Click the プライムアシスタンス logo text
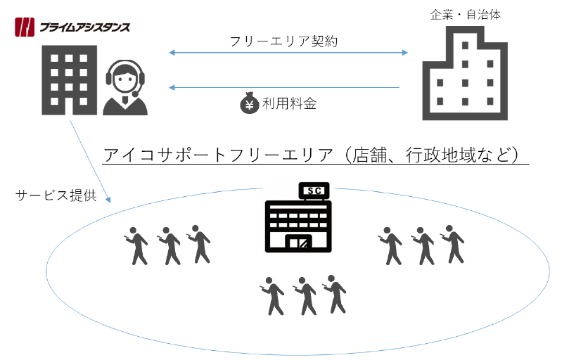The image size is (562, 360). pyautogui.click(x=84, y=28)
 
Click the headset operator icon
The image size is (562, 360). pyautogui.click(x=127, y=88)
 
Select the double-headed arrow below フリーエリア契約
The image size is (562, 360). pyautogui.click(x=288, y=53)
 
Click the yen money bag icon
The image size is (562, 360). pyautogui.click(x=250, y=104)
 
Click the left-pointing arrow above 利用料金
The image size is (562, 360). pyautogui.click(x=284, y=87)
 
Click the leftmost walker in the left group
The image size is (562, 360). pyautogui.click(x=136, y=245)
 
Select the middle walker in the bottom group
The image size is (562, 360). pyautogui.click(x=305, y=295)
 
